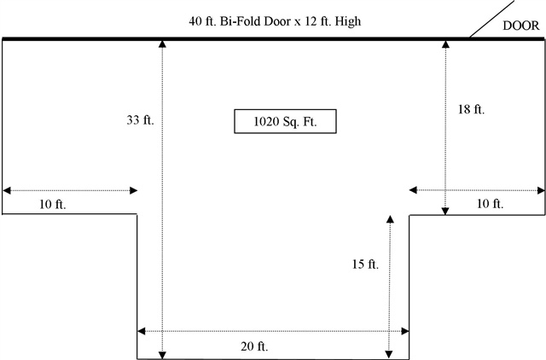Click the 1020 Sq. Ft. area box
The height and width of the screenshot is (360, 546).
pyautogui.click(x=285, y=121)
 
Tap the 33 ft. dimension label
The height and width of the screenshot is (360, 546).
pyautogui.click(x=140, y=120)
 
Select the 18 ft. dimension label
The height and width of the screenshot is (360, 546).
pyautogui.click(x=471, y=109)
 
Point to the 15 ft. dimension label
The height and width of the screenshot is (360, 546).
pyautogui.click(x=365, y=264)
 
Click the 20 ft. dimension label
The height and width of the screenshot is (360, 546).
pyautogui.click(x=254, y=346)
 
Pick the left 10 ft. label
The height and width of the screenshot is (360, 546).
pyautogui.click(x=53, y=204)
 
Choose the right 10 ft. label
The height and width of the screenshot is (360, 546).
pyautogui.click(x=491, y=203)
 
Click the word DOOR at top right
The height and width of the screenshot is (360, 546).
pyautogui.click(x=521, y=26)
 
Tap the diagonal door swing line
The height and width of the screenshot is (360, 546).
pyautogui.click(x=491, y=18)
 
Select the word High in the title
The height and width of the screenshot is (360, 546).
pyautogui.click(x=348, y=21)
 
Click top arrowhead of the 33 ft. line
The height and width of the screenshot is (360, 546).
pyautogui.click(x=162, y=44)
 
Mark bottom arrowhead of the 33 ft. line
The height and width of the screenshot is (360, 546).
pyautogui.click(x=162, y=355)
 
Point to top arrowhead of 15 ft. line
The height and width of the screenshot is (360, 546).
pyautogui.click(x=390, y=219)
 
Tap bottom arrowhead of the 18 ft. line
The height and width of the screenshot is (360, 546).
pyautogui.click(x=445, y=211)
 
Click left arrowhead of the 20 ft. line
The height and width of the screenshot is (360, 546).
pyautogui.click(x=141, y=331)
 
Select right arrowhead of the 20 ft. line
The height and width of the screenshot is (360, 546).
pyautogui.click(x=405, y=331)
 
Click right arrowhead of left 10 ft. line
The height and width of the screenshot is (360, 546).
pyautogui.click(x=134, y=190)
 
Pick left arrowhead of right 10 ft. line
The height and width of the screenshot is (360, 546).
pyautogui.click(x=413, y=190)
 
